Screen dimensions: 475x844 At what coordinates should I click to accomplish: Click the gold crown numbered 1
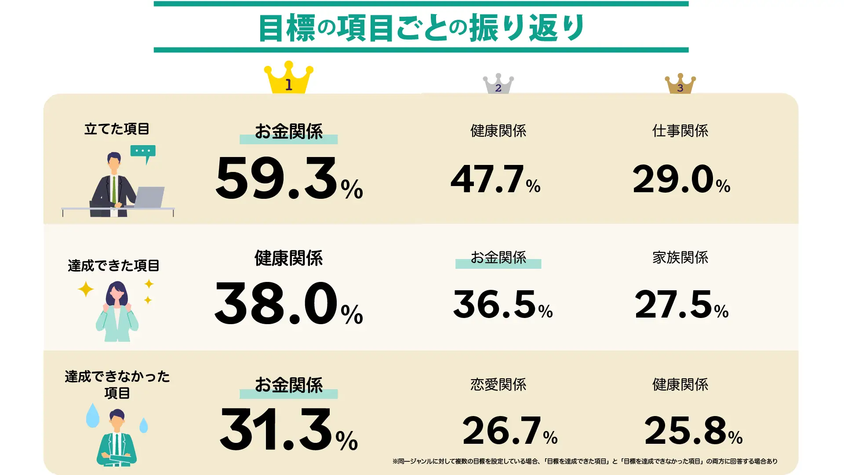click(x=288, y=78)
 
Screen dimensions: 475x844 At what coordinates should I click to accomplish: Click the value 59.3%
click(x=289, y=179)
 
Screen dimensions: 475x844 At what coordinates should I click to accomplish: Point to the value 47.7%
click(x=495, y=179)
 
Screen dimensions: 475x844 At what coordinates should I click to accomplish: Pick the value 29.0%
click(x=681, y=179)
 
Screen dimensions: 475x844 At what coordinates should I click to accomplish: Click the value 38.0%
click(x=288, y=304)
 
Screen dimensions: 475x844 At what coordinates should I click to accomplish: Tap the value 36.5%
click(x=503, y=304)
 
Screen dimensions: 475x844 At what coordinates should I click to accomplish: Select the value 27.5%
click(x=681, y=304)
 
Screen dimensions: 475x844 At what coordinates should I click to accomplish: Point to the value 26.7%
click(x=509, y=431)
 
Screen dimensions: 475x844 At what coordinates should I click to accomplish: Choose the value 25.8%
click(x=693, y=431)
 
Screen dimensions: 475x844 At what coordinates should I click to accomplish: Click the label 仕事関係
click(x=680, y=131)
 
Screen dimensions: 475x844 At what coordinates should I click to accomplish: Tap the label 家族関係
click(x=680, y=257)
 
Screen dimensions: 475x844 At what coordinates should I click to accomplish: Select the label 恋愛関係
click(x=498, y=384)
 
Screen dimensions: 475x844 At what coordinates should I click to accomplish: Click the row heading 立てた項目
click(x=116, y=129)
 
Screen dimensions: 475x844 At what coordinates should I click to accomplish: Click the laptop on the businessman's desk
click(x=149, y=197)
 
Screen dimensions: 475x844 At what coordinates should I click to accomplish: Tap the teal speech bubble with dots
click(x=143, y=152)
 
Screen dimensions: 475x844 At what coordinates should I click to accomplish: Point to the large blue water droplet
click(x=93, y=416)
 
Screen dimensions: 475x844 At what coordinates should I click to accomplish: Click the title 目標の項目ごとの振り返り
click(x=421, y=28)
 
